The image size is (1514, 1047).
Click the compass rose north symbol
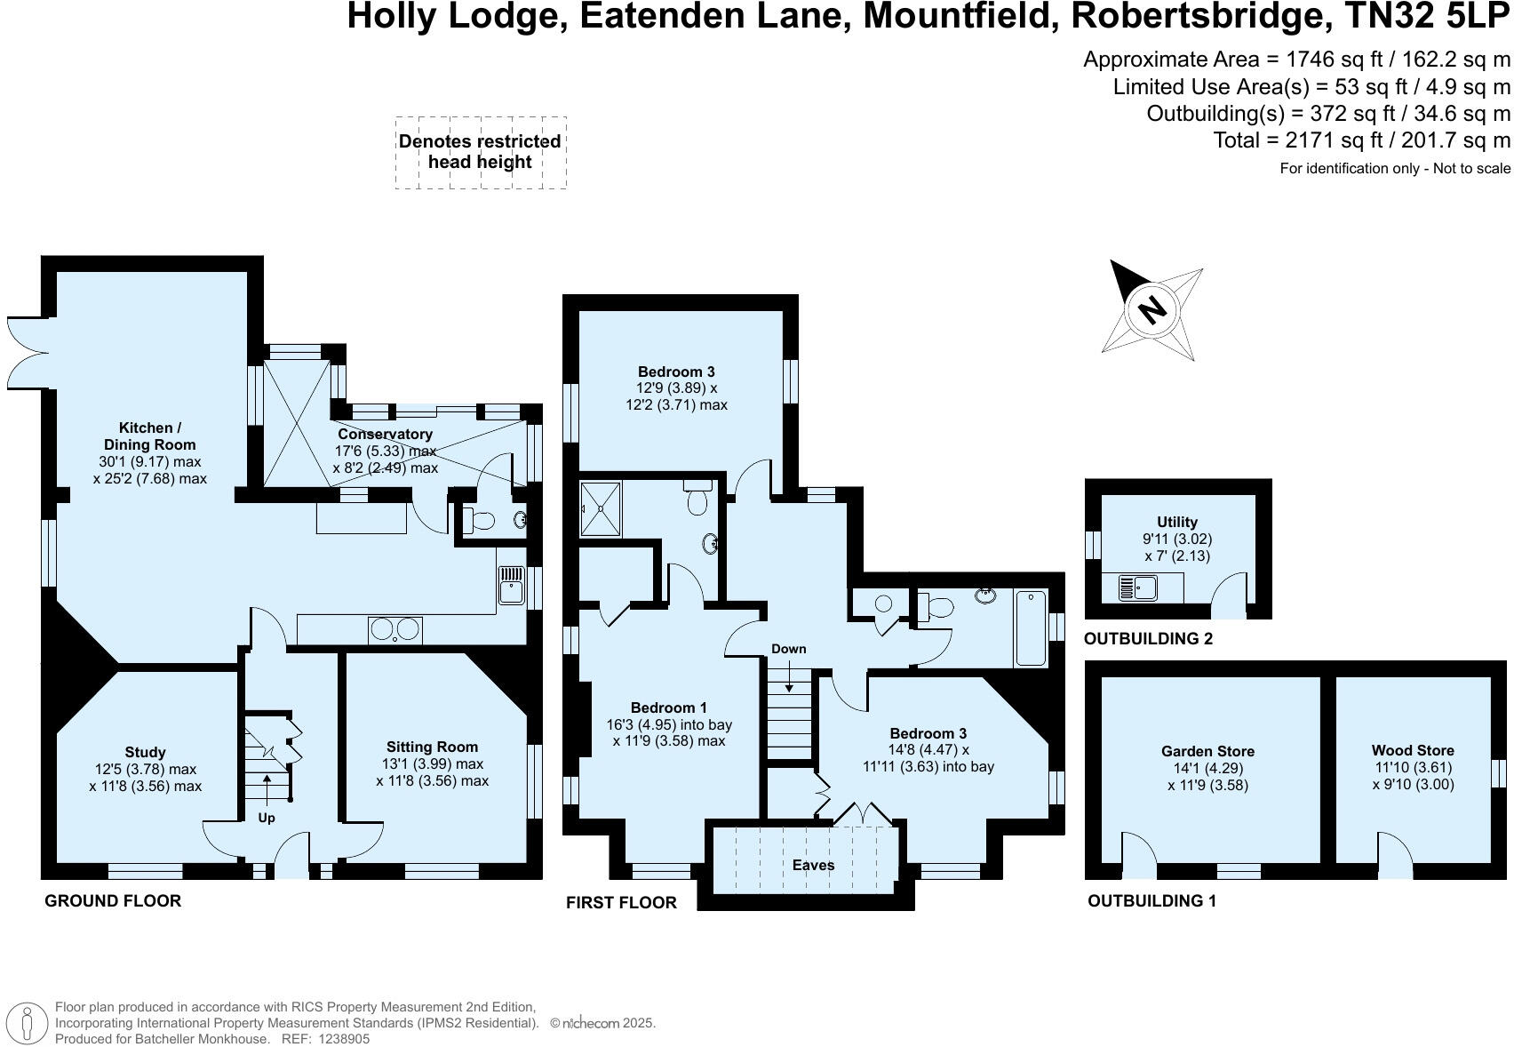pyautogui.click(x=1152, y=310)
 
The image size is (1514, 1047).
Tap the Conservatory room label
pyautogui.click(x=385, y=435)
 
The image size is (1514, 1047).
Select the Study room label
pyautogui.click(x=145, y=753)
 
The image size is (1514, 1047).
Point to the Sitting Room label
pyautogui.click(x=432, y=747)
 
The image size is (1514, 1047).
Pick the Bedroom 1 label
pyautogui.click(x=668, y=708)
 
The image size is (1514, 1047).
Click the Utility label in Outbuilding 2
pyautogui.click(x=1177, y=523)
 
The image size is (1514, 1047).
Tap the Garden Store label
pyautogui.click(x=1207, y=752)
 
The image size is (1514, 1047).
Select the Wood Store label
pyautogui.click(x=1413, y=751)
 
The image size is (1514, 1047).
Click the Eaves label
pyautogui.click(x=813, y=865)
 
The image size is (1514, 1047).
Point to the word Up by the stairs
pyautogui.click(x=267, y=818)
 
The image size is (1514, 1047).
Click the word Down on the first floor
pyautogui.click(x=788, y=649)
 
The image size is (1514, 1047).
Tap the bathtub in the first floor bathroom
pyautogui.click(x=1031, y=627)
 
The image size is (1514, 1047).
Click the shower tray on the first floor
pyautogui.click(x=601, y=509)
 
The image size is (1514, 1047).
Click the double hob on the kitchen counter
pyautogui.click(x=394, y=629)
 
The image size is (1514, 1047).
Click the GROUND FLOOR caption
pyautogui.click(x=113, y=901)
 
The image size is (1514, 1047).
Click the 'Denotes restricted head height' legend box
pyautogui.click(x=480, y=152)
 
